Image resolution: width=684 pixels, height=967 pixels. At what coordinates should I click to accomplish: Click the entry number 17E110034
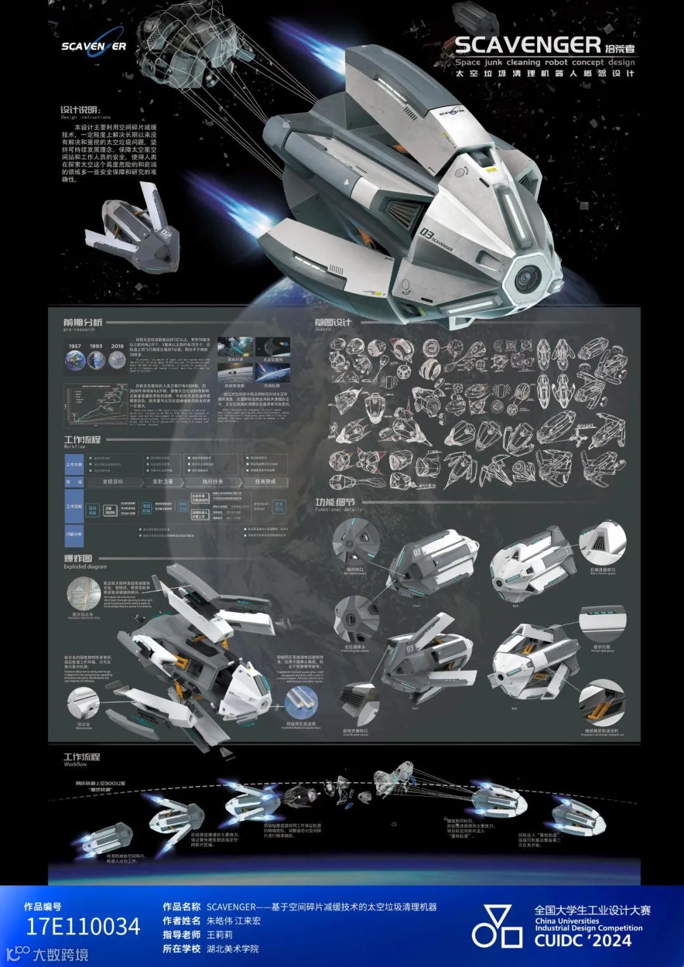click(x=82, y=926)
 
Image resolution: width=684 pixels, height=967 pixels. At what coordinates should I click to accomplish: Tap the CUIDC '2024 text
click(x=583, y=940)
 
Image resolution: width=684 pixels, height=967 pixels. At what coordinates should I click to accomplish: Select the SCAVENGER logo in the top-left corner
click(x=93, y=46)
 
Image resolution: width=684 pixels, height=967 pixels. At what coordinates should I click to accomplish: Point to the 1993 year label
click(x=96, y=346)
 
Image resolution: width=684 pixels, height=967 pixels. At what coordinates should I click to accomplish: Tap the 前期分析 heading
click(x=82, y=322)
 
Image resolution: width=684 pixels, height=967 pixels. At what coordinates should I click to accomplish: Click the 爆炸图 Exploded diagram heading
click(x=78, y=559)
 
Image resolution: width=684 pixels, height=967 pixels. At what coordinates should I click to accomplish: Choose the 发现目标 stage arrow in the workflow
click(x=113, y=482)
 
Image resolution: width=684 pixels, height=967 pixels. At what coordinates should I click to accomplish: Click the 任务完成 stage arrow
click(x=266, y=482)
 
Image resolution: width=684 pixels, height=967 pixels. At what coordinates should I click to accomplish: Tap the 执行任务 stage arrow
click(x=214, y=482)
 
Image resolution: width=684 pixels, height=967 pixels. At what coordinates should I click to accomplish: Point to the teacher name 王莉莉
click(x=220, y=934)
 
